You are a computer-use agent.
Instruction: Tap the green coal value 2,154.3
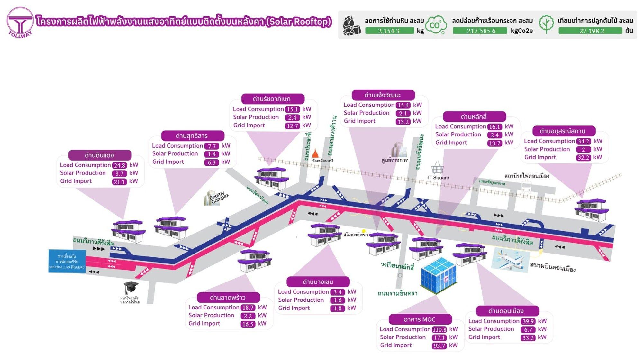(x=389, y=31)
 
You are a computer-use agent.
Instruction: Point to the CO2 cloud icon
(x=436, y=25)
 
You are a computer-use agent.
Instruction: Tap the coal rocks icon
(x=352, y=25)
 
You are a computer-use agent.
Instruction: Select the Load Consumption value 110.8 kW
(x=439, y=329)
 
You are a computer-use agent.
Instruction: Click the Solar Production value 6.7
(x=528, y=329)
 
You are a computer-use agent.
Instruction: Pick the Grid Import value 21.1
(x=119, y=182)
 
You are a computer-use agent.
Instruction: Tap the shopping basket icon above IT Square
(x=438, y=168)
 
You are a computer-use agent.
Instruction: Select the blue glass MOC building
(x=439, y=275)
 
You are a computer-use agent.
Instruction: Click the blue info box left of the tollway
(x=67, y=261)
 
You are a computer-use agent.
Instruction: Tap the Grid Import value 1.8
(x=337, y=308)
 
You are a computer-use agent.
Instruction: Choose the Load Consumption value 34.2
(x=583, y=141)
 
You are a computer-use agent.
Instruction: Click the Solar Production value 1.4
(x=212, y=154)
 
